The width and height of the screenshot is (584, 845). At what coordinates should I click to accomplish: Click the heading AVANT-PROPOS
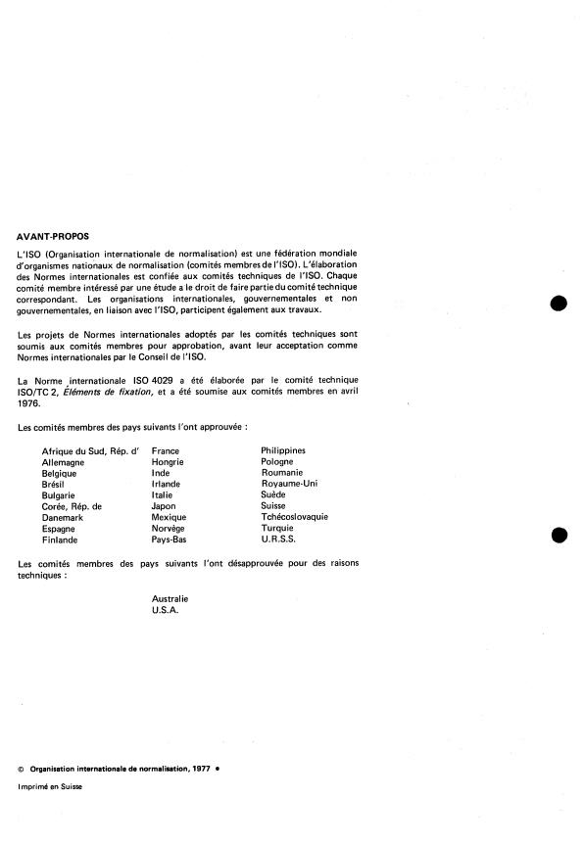coord(52,236)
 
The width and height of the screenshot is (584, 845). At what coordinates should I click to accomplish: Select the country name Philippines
coord(283,450)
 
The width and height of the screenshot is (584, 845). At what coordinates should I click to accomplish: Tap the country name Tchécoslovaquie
coord(294,516)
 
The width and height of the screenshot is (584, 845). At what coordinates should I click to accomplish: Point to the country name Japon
coord(164,505)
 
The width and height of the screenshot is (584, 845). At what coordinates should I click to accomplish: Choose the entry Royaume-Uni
coord(289,483)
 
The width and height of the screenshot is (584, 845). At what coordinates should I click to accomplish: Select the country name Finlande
coord(61,539)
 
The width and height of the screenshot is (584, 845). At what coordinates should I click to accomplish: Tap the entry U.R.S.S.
coord(278,539)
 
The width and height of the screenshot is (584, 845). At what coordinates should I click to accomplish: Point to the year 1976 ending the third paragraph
coord(30,399)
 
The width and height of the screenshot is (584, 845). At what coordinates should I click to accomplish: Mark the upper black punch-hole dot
coord(559,303)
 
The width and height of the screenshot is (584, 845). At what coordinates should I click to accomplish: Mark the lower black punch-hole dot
coord(559,535)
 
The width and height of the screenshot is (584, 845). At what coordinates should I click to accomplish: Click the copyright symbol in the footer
coord(23,769)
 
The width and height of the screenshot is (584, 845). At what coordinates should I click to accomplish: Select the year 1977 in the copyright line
coord(201,769)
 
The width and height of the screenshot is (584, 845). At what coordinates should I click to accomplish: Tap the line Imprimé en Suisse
coord(50,787)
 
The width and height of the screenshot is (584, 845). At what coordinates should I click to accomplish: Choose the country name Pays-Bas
coord(170,539)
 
